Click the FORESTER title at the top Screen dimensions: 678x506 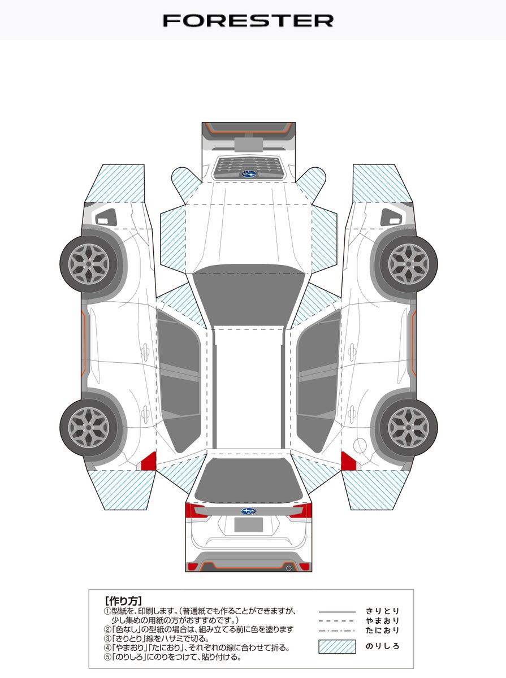[x=248, y=21]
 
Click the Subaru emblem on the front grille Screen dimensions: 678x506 [x=249, y=174]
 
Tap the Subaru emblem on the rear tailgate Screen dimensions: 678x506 [x=248, y=511]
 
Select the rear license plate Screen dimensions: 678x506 [x=249, y=525]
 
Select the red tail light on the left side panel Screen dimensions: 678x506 [x=148, y=461]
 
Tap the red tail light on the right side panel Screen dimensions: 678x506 [x=348, y=461]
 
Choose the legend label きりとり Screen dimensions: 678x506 [x=383, y=611]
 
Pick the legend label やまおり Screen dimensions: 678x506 [x=383, y=620]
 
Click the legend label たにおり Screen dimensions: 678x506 [x=383, y=630]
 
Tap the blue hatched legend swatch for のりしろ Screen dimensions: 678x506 [x=337, y=646]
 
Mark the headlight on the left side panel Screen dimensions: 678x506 [x=106, y=216]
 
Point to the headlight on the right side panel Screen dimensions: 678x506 [x=391, y=216]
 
